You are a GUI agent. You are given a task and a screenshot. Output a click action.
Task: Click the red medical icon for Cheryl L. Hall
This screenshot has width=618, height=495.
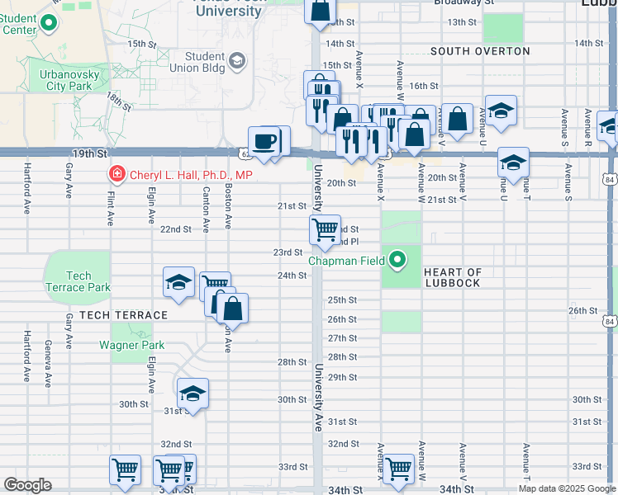point(116,175)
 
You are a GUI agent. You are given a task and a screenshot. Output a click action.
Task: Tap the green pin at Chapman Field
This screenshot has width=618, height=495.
point(398,261)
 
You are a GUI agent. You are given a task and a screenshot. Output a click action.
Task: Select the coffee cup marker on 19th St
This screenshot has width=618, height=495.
point(264,141)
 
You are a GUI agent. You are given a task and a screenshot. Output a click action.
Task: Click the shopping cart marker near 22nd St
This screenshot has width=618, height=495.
point(326,229)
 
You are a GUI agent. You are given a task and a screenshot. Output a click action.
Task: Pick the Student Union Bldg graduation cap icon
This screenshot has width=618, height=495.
point(238,60)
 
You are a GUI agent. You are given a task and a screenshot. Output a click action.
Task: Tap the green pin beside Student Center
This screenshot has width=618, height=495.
point(50,25)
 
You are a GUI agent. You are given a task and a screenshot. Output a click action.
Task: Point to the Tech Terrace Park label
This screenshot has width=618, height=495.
point(78,281)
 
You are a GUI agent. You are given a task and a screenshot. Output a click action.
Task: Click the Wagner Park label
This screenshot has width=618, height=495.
point(132,346)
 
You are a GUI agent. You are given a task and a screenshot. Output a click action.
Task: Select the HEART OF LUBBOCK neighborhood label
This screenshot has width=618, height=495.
point(452,278)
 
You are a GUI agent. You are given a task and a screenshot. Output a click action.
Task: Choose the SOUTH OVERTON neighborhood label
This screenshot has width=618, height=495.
point(480,51)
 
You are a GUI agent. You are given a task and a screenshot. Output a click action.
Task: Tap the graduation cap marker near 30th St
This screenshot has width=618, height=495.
point(193,393)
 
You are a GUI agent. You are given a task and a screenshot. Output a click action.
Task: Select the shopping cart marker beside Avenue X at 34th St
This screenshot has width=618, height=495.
point(398,468)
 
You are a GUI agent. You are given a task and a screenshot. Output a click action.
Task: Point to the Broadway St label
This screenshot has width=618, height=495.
point(463,2)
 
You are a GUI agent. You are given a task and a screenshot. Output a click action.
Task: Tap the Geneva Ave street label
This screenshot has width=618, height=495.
point(48,368)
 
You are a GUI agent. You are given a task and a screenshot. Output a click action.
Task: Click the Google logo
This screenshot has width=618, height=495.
point(27,485)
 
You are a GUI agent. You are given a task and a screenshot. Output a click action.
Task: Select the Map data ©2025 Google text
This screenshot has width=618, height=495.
point(567,488)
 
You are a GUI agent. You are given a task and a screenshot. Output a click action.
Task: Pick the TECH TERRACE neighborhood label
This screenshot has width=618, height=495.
point(124,316)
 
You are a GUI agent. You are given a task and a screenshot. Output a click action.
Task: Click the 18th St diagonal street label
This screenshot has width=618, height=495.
point(118,103)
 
